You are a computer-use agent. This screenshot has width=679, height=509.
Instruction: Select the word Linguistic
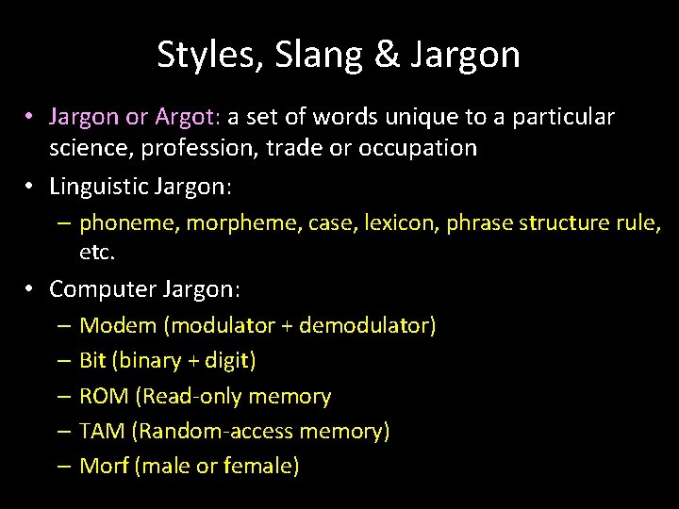coord(103,188)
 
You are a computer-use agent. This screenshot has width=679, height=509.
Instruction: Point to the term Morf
coord(105,466)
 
